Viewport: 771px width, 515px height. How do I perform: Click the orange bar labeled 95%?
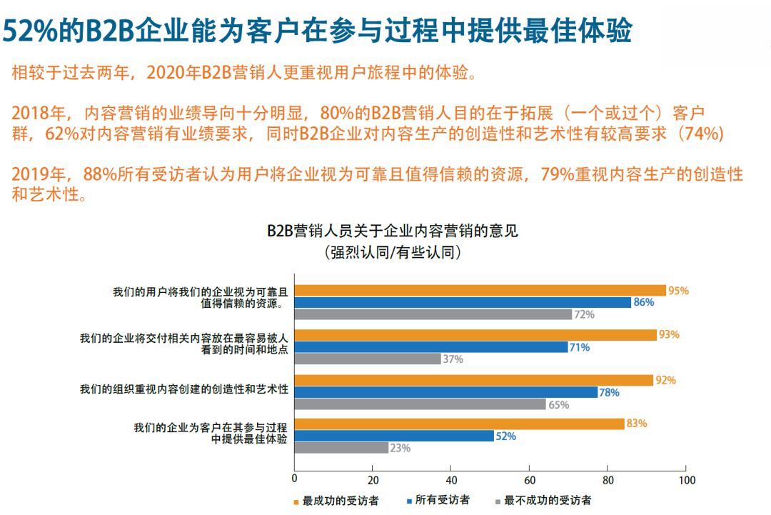pyautogui.click(x=480, y=291)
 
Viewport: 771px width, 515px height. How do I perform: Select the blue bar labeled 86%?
pyautogui.click(x=463, y=303)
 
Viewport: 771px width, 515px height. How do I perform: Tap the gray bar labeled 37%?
pyautogui.click(x=368, y=359)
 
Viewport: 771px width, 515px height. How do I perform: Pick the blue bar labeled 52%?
pyautogui.click(x=394, y=436)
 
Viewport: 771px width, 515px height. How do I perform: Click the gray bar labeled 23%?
pyautogui.click(x=342, y=448)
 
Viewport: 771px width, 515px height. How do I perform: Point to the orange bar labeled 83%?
pyautogui.click(x=460, y=424)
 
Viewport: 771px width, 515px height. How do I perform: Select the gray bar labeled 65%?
pyautogui.click(x=420, y=404)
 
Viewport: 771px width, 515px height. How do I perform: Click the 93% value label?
pyautogui.click(x=669, y=335)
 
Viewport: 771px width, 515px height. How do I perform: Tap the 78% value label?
pyautogui.click(x=609, y=392)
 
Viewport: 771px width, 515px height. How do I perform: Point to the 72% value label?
pyautogui.click(x=584, y=314)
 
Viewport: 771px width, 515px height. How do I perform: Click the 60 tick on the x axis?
pyautogui.click(x=530, y=480)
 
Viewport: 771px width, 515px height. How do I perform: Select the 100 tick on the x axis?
pyautogui.click(x=686, y=480)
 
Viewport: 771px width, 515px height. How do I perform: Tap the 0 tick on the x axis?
pyautogui.click(x=295, y=480)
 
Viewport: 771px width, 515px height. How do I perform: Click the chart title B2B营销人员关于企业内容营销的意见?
pyautogui.click(x=393, y=231)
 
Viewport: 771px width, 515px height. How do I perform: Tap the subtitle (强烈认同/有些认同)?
pyautogui.click(x=393, y=252)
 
